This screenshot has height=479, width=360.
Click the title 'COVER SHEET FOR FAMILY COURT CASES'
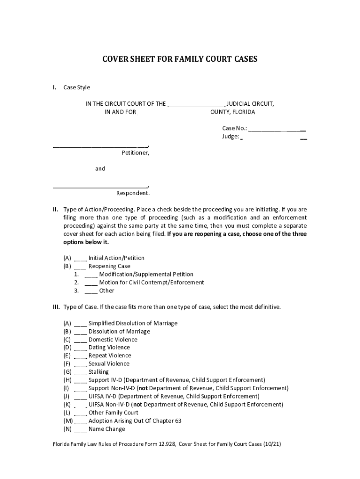[180, 59]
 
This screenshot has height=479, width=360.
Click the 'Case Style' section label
[77, 87]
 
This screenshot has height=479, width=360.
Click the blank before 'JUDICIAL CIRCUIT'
[196, 104]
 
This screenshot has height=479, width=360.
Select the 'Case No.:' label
[235, 128]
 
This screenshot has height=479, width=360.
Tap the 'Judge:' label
[230, 137]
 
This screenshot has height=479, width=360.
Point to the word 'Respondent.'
[133, 193]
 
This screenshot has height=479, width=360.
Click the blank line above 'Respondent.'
[100, 186]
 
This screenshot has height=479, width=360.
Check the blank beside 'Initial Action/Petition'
[80, 258]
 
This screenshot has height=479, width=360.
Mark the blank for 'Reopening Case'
[80, 266]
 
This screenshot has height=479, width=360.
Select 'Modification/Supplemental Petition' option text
[146, 274]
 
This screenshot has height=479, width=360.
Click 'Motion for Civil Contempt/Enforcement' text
[151, 283]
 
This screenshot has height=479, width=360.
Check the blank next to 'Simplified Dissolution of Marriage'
[80, 323]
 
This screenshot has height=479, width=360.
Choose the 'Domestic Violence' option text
[113, 340]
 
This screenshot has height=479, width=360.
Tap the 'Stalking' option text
[98, 372]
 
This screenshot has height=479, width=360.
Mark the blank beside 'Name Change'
[80, 429]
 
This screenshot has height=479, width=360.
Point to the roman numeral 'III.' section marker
[56, 307]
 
